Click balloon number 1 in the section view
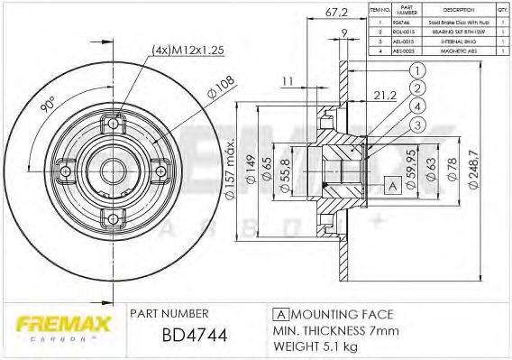[x=418, y=71]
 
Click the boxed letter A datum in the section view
[x=391, y=186]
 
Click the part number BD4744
[x=194, y=336]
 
